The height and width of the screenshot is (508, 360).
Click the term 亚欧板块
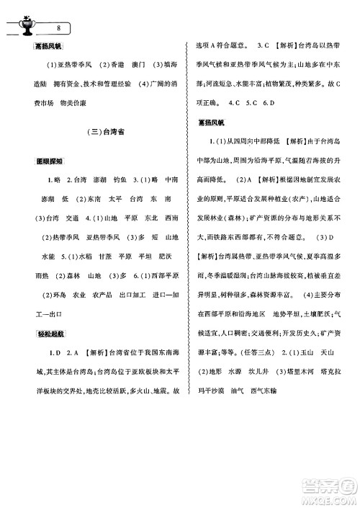[123, 387]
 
